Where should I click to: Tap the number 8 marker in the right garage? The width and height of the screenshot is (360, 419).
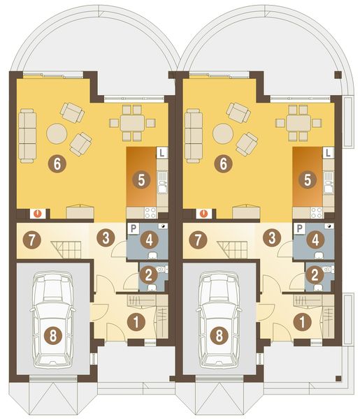220,335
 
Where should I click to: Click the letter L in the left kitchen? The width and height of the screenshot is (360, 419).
161,152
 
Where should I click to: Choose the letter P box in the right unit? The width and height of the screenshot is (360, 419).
299,228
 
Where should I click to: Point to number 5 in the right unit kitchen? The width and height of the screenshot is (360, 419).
308,179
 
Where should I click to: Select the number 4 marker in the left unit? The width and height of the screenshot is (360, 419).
147,240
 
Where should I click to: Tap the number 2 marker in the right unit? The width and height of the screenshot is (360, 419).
316,274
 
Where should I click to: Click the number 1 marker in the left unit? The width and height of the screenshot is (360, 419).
137,321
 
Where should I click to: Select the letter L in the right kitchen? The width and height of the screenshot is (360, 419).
328,152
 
